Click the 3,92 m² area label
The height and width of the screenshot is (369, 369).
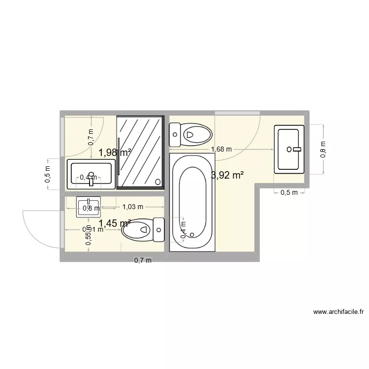pos(228,175)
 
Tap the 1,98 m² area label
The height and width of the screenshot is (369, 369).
pos(115,153)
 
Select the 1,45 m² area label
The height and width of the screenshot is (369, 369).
pos(115,224)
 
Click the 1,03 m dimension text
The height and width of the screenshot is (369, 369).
pos(132,207)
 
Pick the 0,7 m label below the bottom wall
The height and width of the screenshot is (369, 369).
pos(143,261)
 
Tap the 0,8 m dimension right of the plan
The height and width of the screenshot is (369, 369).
pos(323,149)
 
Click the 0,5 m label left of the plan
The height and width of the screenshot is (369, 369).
pos(47,174)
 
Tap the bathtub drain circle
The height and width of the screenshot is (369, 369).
pos(192,234)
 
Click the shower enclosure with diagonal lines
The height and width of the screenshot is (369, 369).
pos(140,151)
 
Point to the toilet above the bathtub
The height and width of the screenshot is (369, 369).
pos(190,133)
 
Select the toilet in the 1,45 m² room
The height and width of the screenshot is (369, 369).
pos(143,229)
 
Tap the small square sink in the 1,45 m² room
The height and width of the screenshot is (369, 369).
pos(89,207)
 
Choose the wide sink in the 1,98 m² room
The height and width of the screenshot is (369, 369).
pos(91,174)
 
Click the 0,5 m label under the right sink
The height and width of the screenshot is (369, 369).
pos(289,192)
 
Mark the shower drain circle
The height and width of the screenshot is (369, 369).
pos(158,182)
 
